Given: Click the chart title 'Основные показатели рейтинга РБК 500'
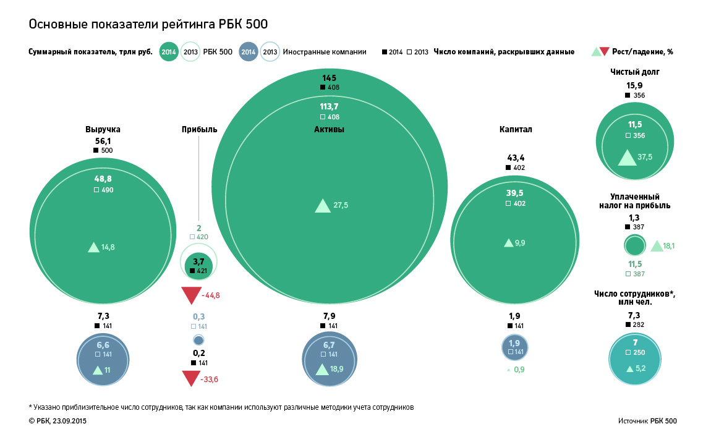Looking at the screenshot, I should click(x=148, y=23).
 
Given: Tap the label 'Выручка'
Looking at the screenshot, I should click(x=103, y=129).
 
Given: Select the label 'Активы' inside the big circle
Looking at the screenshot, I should click(x=329, y=129).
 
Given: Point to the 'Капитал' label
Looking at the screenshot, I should click(x=516, y=129).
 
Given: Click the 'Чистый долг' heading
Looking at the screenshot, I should click(x=635, y=72).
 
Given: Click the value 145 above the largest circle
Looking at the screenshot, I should click(x=329, y=78).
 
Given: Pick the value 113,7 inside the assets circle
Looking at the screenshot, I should click(x=329, y=106).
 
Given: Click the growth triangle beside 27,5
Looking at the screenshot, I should click(x=322, y=206).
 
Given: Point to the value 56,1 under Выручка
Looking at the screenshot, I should click(x=103, y=141).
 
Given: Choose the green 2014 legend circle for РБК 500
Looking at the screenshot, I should click(x=169, y=52).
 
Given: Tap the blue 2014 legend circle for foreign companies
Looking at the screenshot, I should click(x=248, y=52).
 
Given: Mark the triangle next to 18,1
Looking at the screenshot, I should click(x=656, y=246).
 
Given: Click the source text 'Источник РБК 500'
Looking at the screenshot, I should click(x=647, y=421).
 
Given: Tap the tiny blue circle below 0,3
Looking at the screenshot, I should click(x=198, y=340).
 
